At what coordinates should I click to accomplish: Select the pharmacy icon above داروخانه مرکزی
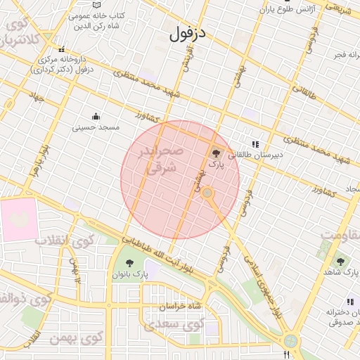[x=63, y=49]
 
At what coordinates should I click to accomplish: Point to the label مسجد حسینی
[x=96, y=128]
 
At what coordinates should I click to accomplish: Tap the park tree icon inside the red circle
[x=216, y=153]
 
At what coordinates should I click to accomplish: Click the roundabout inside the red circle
[x=207, y=192]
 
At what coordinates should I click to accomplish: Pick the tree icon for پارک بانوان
[x=129, y=264]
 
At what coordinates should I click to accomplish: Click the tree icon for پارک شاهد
[x=341, y=262]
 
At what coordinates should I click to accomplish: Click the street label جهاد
[x=36, y=97]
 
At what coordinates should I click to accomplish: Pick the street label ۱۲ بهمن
[x=75, y=269]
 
